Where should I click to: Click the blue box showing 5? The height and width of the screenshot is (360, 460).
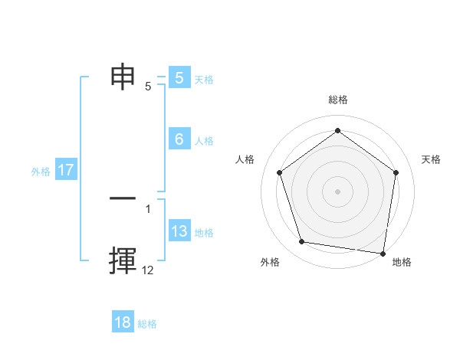pos(179,78)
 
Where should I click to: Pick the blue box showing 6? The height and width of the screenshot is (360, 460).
pos(179,139)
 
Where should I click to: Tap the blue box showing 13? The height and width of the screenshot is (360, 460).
pos(179,231)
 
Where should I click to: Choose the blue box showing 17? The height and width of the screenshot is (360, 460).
pos(66,170)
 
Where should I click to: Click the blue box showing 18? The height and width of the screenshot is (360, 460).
pos(123,322)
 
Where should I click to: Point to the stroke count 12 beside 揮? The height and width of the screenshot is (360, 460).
pos(148,270)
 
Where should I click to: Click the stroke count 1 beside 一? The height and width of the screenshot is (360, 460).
pos(148,208)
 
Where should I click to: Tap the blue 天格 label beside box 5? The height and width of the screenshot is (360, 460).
pos(204,79)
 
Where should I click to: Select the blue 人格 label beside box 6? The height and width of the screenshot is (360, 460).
pos(204,140)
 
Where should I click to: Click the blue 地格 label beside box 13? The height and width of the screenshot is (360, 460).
pos(204,232)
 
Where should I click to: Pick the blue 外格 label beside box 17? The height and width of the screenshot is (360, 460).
pos(41,172)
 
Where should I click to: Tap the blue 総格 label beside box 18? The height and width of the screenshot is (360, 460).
pos(147,323)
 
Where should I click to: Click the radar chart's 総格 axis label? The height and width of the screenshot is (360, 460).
pos(337,100)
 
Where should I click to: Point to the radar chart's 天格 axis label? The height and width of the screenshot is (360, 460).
pos(432,159)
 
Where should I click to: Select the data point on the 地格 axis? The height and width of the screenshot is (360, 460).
pos(383,253)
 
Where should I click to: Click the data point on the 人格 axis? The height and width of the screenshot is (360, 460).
pos(279,172)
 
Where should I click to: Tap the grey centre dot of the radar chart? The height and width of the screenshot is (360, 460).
pos(337,191)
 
